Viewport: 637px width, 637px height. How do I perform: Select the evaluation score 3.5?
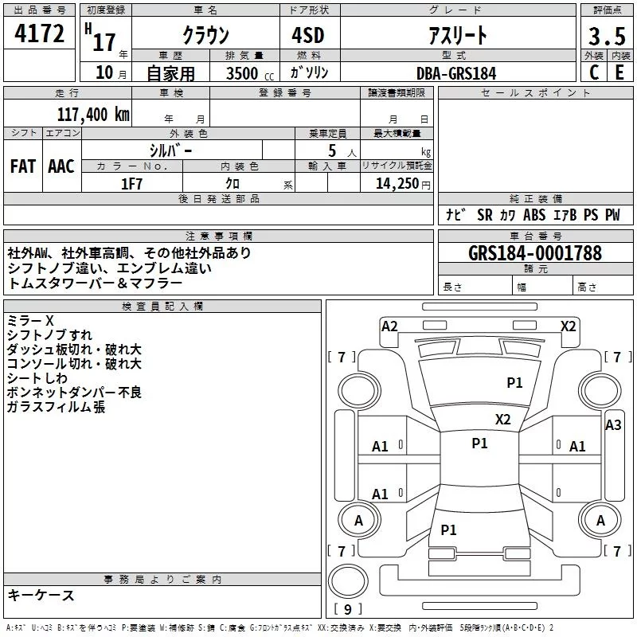tap(605, 36)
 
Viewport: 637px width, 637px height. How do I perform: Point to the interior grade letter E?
tap(619, 72)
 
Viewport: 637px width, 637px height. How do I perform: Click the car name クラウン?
tap(206, 35)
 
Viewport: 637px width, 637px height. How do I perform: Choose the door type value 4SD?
tap(309, 35)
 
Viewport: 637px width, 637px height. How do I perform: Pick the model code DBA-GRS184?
tap(455, 72)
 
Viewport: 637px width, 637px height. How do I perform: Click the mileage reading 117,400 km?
tap(92, 114)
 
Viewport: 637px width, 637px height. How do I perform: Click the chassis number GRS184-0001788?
tap(535, 253)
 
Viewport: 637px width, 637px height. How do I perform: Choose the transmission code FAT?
tap(22, 166)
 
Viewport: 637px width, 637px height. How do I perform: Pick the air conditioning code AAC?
tap(61, 166)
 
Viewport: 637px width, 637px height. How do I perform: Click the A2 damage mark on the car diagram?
tap(389, 326)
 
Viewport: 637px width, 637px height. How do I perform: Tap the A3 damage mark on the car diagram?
tap(612, 425)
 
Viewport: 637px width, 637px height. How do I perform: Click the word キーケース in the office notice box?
tap(41, 596)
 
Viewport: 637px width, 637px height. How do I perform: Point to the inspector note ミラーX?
tap(30, 320)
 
